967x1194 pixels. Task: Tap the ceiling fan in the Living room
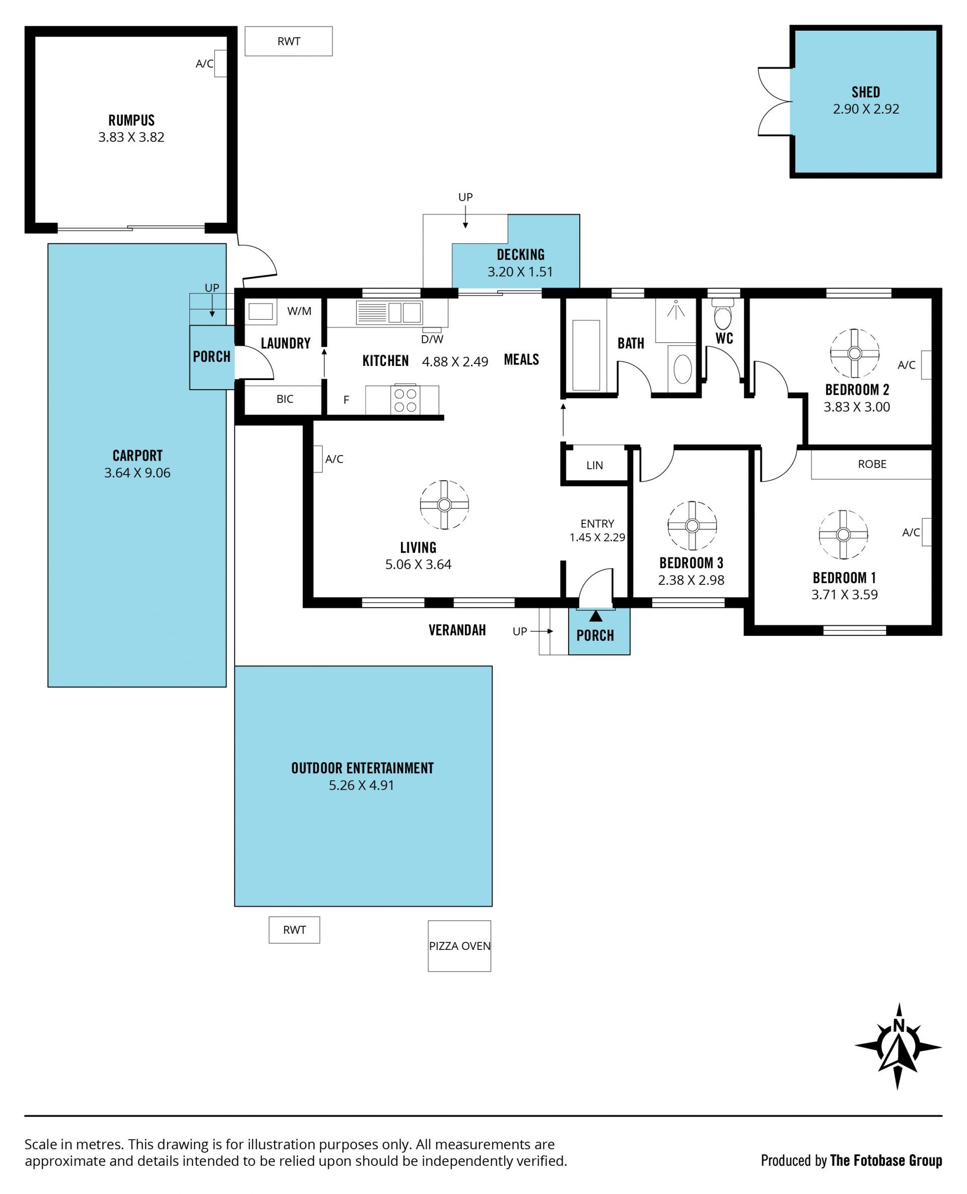(444, 504)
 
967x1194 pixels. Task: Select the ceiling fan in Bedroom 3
(692, 526)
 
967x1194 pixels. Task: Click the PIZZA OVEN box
(459, 946)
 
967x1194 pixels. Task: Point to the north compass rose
(898, 1046)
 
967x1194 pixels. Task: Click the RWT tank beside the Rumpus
(289, 41)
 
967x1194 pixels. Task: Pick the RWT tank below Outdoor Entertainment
(294, 930)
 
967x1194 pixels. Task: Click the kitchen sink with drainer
(389, 312)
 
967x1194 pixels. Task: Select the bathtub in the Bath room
(586, 355)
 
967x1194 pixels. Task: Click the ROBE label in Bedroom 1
(872, 464)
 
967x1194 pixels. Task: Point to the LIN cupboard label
(594, 465)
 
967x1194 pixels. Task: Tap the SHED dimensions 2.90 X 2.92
(866, 109)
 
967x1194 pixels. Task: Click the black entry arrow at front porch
(595, 616)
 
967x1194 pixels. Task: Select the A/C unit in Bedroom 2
(926, 364)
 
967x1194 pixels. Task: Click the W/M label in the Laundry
(299, 311)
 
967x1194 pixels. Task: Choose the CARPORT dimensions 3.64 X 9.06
(137, 473)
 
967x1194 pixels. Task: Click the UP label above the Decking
(465, 197)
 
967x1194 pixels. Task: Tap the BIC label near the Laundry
(285, 399)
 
